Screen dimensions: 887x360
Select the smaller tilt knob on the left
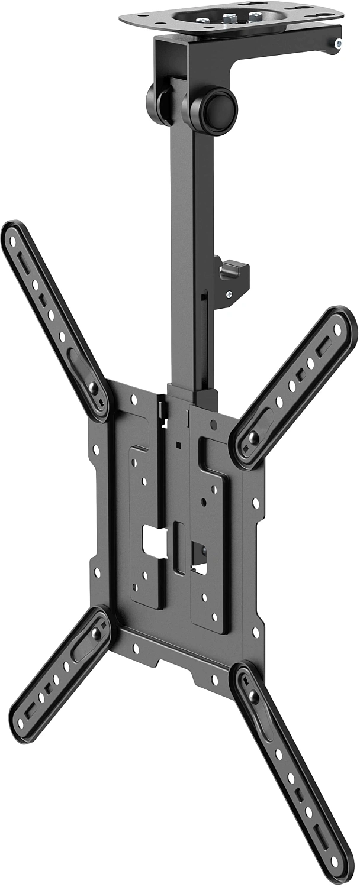(x=155, y=104)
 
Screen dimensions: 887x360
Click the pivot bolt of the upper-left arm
(x=93, y=389)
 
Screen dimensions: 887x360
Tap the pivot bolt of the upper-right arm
(x=253, y=438)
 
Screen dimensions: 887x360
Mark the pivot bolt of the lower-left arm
(x=95, y=633)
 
